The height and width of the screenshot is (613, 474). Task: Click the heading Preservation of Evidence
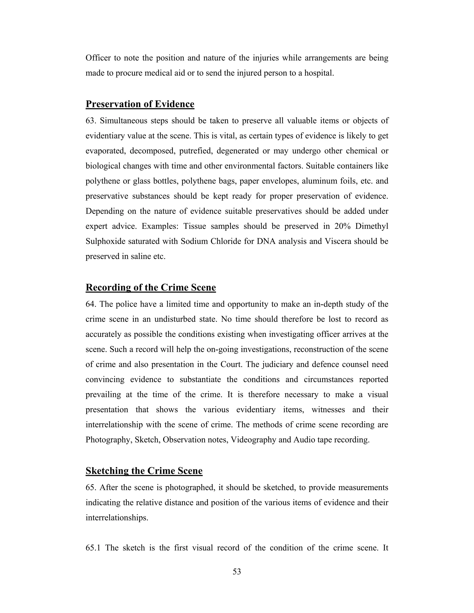[x=140, y=104]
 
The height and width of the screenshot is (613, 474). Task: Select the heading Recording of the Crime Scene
[x=150, y=287]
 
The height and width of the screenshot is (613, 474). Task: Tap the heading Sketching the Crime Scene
[x=144, y=471]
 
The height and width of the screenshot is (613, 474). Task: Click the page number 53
[x=237, y=571]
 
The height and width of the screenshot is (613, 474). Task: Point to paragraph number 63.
[x=91, y=121]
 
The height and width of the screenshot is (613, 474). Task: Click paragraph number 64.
[x=91, y=304]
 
